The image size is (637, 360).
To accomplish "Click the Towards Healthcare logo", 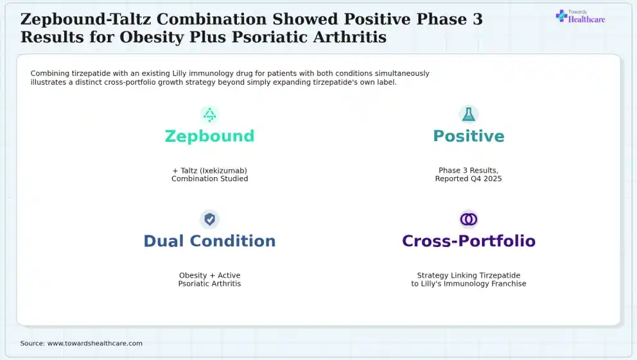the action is coord(580,16).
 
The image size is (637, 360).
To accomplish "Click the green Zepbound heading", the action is coord(209,137).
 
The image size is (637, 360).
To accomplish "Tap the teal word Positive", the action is coord(468,137).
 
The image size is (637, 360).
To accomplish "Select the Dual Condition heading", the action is coord(209,241).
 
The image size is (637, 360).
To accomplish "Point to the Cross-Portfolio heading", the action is coord(468,241).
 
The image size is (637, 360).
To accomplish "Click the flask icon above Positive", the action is coord(468,114).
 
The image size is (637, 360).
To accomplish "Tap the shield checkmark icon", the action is coord(209,219).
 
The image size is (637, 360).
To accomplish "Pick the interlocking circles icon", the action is coord(468,219).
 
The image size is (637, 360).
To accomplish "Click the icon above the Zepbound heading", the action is coord(209,115).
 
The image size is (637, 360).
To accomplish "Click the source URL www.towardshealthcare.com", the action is coord(95,343).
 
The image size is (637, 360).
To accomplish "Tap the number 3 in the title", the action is coord(478,19).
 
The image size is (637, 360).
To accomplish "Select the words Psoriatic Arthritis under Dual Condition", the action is coord(209,284).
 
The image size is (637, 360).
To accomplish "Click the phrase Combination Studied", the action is coord(209,178).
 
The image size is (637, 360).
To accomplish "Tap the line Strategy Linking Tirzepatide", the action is coord(468,275).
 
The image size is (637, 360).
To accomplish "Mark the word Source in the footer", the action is coord(33,343).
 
